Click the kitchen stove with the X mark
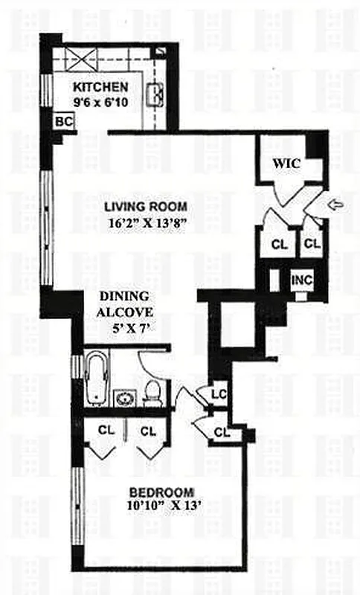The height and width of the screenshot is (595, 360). coord(75,57)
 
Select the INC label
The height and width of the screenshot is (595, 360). coord(300,280)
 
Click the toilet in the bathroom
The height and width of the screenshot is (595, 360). coord(153,392)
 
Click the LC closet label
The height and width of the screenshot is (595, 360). coord(219,393)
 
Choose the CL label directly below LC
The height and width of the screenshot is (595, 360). coord(221,431)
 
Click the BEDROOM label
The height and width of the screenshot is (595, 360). coord(161,492)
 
